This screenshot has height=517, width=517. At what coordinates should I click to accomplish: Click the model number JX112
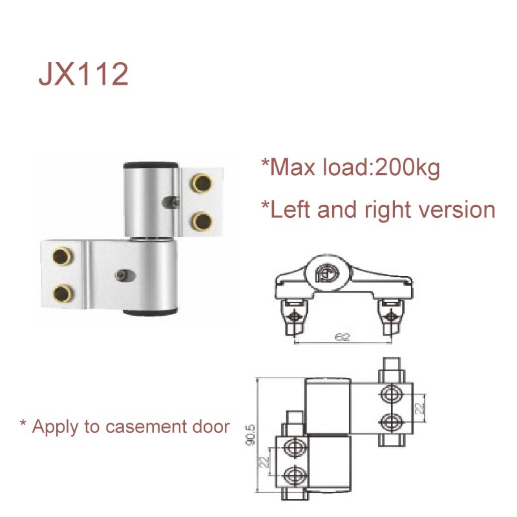83,75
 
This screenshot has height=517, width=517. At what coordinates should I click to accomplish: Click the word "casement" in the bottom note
143,427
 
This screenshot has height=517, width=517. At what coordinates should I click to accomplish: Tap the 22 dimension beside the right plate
419,407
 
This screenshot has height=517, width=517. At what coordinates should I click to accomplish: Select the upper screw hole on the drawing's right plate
390,394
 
